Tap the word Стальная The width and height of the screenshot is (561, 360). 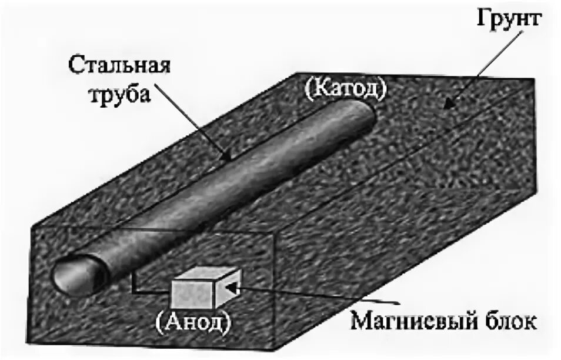pyautogui.click(x=121, y=63)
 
